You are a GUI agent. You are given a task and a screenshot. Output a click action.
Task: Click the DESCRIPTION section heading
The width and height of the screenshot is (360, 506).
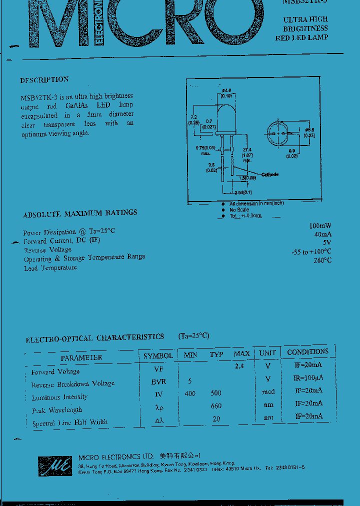[44, 79]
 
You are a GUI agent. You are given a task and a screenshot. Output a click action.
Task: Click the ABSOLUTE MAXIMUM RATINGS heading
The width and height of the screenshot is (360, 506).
[80, 213]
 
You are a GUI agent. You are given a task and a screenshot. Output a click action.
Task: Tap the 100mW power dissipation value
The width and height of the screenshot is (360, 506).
[320, 226]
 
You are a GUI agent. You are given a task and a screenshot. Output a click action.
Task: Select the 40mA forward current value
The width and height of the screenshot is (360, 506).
[323, 234]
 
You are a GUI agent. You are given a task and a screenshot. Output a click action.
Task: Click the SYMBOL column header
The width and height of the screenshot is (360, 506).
[158, 356]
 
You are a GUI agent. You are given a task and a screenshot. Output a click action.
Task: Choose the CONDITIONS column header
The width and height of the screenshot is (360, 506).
[307, 352]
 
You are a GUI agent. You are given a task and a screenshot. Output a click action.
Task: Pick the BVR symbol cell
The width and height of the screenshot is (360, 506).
[159, 381]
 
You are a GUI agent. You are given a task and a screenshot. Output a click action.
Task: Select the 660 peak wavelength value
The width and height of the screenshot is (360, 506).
[216, 406]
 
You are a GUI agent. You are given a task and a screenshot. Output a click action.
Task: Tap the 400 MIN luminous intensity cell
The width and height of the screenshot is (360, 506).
[190, 393]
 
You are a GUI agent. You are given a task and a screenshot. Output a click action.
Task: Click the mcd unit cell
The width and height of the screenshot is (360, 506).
[268, 392]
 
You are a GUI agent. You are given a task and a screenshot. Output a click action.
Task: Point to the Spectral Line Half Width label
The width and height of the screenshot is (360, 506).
[69, 422]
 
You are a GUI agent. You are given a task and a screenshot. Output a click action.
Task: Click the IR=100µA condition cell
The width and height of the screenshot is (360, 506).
[307, 378]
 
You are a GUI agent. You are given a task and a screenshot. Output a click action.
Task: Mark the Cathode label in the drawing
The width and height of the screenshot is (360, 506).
[269, 174]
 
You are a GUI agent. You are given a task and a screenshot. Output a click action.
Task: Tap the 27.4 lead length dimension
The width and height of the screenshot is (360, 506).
[246, 150]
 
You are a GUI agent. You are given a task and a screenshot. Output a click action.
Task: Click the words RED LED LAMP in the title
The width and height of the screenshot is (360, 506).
[301, 38]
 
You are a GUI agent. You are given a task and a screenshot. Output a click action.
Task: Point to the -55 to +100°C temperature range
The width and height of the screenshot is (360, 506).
[311, 251]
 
